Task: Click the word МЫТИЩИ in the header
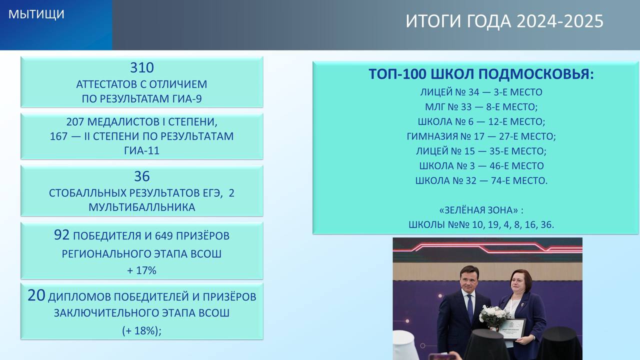click(x=36, y=14)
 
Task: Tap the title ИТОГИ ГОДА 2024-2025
click(x=504, y=21)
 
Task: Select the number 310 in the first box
click(x=142, y=67)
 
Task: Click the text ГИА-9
click(x=187, y=99)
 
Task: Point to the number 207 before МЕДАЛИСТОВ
click(x=75, y=122)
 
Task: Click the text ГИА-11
click(x=141, y=150)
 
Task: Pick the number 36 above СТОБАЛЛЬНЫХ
click(x=142, y=176)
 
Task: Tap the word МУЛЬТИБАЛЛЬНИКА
click(x=141, y=207)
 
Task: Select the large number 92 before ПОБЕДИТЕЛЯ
click(x=61, y=234)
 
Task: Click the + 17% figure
click(x=141, y=270)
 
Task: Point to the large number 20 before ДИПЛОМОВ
click(x=36, y=295)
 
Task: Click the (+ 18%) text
click(x=141, y=331)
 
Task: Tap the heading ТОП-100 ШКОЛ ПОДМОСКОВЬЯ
click(x=481, y=74)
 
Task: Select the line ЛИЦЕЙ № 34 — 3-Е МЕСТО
click(x=481, y=92)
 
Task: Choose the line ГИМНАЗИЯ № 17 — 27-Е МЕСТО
click(x=481, y=136)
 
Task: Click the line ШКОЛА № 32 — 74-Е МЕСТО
click(x=481, y=180)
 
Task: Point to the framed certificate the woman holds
click(x=513, y=328)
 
